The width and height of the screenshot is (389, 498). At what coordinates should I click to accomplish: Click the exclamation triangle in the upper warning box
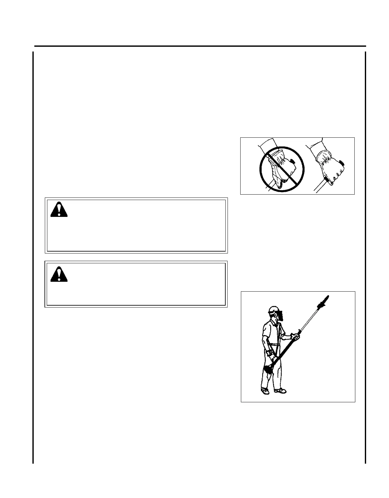point(59,210)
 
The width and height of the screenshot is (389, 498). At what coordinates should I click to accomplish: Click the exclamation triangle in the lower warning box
point(59,274)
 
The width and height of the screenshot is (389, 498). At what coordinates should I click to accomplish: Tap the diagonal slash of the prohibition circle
point(282,169)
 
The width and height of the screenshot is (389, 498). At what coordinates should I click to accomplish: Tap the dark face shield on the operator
point(281,317)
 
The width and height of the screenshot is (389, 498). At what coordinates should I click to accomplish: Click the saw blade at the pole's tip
point(324,300)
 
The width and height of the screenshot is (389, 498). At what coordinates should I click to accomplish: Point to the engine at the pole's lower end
point(269,369)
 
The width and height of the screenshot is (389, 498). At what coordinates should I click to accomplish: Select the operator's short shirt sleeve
point(266,331)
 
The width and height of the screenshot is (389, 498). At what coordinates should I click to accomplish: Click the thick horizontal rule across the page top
point(200,46)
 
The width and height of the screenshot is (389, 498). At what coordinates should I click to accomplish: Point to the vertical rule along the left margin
point(33,254)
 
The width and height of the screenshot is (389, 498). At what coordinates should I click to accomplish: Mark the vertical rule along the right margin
point(365,254)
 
